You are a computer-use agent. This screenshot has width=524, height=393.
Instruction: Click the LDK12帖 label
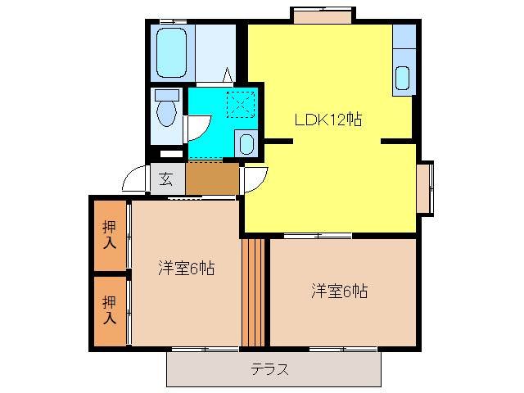pyautogui.click(x=328, y=120)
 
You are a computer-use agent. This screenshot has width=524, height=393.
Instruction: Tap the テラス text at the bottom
pyautogui.click(x=269, y=369)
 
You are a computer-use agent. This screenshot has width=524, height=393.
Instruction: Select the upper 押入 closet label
pyautogui.click(x=109, y=236)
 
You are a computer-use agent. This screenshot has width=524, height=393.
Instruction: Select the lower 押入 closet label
pyautogui.click(x=109, y=309)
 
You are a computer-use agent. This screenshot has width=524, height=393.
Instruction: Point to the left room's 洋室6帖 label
pyautogui.click(x=186, y=269)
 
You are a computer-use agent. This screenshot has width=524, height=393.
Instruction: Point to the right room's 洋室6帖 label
pyautogui.click(x=339, y=291)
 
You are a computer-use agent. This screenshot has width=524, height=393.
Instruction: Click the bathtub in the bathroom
pyautogui.click(x=171, y=53)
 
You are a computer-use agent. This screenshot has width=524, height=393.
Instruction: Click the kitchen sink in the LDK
pyautogui.click(x=403, y=78)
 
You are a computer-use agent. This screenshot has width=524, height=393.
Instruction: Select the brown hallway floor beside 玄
pyautogui.click(x=212, y=178)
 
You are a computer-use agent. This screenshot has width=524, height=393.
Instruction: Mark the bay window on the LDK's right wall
pyautogui.click(x=424, y=188)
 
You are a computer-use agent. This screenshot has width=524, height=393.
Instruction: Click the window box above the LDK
pyautogui.click(x=322, y=14)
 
